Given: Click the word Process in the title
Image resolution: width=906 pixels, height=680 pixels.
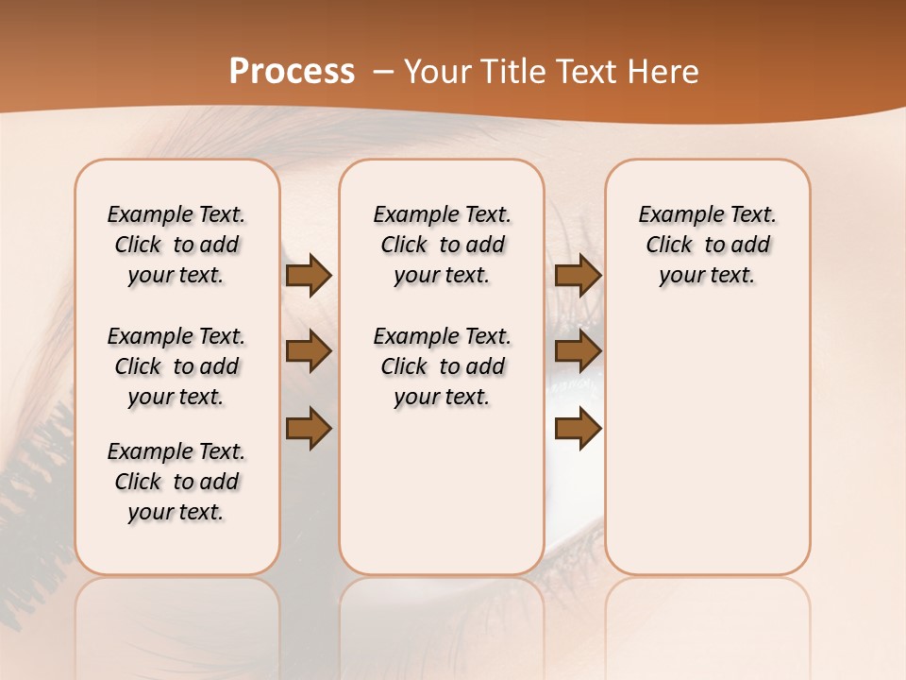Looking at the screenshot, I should pos(292,72).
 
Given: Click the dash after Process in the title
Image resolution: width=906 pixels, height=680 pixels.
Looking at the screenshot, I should pos(382,73).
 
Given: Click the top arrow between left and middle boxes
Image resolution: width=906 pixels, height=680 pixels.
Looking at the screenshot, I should pos(309,276).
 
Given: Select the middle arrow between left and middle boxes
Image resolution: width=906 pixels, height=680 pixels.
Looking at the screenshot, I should pos(309,352).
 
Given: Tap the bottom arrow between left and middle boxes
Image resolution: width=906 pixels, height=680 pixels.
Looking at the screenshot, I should pos(309,429).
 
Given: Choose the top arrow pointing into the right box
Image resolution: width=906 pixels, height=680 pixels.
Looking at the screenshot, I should pos(578,276).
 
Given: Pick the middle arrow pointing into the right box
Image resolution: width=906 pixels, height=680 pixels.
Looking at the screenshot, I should pos(578,352).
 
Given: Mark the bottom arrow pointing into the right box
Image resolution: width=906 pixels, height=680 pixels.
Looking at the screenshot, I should pos(578,429).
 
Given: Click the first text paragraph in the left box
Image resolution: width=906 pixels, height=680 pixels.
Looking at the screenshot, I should pos(176,245).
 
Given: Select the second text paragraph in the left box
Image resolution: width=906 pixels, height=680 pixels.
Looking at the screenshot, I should pos(176,366).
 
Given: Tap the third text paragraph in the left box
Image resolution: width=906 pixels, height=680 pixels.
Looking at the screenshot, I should pos(176,482).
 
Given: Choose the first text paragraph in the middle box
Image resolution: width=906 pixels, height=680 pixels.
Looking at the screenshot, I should pos(442,245).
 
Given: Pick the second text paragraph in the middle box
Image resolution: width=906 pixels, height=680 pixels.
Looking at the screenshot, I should pos(442,366).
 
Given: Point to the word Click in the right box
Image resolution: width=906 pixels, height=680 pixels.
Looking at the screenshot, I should pos(669,246).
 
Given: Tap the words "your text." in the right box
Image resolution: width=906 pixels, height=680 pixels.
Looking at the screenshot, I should pos(707,276).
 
